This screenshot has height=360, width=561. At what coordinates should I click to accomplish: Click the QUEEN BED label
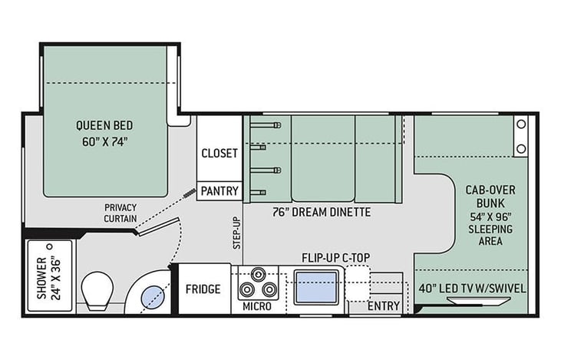click(x=104, y=126)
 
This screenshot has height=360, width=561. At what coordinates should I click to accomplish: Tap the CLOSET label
click(x=219, y=154)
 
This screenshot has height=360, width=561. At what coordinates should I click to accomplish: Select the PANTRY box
click(x=219, y=190)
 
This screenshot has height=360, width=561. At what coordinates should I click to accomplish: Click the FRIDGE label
click(x=203, y=289)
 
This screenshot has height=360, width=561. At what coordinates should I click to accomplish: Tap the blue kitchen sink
click(x=316, y=287)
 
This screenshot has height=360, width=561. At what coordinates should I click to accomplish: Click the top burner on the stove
click(x=258, y=275)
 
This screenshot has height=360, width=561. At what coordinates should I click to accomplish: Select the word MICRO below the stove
click(x=257, y=306)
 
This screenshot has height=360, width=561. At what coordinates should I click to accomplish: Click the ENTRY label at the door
click(x=384, y=306)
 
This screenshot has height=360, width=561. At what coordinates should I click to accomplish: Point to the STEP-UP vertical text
click(x=237, y=233)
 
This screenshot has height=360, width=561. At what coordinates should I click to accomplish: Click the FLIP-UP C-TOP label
click(x=335, y=258)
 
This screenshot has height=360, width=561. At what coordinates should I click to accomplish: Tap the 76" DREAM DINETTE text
click(x=322, y=212)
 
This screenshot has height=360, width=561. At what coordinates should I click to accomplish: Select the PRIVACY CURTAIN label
click(x=120, y=213)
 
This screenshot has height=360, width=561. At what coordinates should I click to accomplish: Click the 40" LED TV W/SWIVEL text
click(x=472, y=289)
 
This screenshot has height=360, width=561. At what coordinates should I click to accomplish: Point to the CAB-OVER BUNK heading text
click(x=490, y=197)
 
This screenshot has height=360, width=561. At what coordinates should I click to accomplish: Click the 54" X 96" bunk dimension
click(x=490, y=216)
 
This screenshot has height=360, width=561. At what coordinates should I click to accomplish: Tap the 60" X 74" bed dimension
click(x=104, y=142)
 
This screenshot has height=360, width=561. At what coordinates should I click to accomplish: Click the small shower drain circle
click(x=50, y=246)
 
